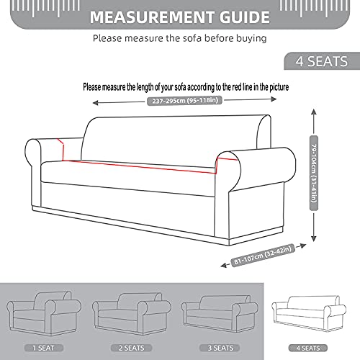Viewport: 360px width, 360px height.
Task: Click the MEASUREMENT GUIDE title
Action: pos(180,15)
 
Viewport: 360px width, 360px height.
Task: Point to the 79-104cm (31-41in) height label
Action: pos(314,171)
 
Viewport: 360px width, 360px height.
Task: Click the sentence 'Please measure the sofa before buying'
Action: pos(180,39)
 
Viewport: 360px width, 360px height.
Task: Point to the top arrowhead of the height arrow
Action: pos(314,111)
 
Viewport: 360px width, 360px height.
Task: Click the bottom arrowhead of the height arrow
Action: pos(314,240)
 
